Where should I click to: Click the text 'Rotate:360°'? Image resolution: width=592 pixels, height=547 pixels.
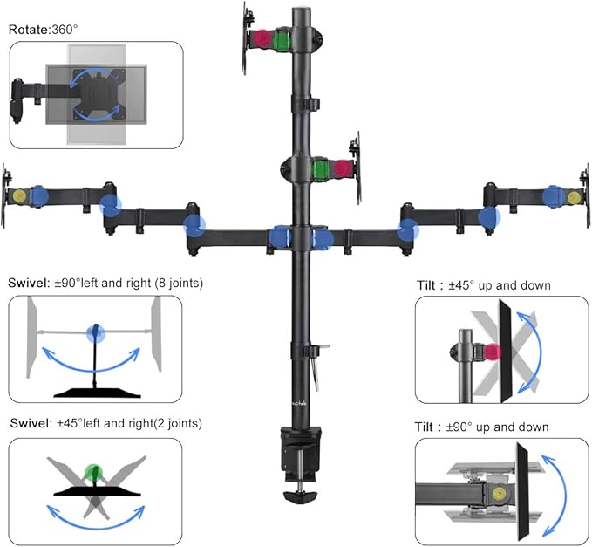tap(44, 30)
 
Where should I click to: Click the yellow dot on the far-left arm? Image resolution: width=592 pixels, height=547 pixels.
tap(18, 195)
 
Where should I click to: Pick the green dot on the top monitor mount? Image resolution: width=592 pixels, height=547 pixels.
tap(281, 41)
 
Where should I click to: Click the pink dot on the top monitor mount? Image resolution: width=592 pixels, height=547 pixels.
tap(262, 40)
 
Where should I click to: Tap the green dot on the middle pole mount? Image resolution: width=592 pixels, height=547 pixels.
tap(322, 168)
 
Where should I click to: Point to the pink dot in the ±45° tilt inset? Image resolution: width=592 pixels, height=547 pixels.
tap(493, 352)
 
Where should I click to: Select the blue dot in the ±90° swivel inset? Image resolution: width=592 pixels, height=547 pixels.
tap(95, 332)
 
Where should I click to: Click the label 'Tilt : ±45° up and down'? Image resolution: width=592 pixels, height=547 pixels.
tap(483, 285)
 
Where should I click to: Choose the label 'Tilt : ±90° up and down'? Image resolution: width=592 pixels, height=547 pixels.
tap(482, 427)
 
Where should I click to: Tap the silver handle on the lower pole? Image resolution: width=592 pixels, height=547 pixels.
tap(319, 352)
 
